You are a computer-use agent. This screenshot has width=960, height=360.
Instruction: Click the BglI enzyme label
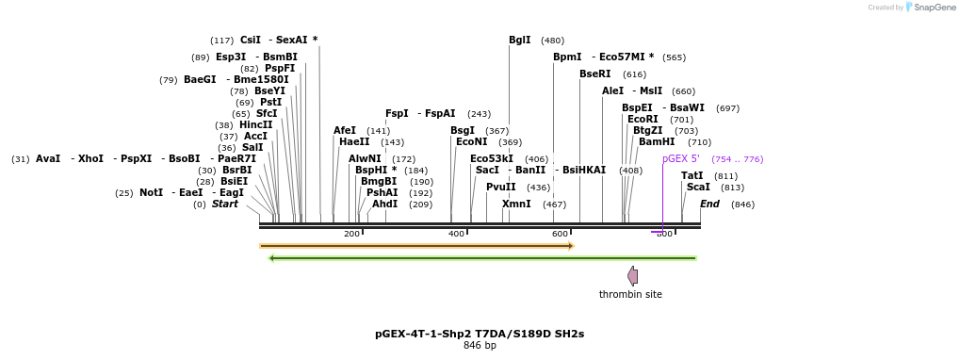pos(519,40)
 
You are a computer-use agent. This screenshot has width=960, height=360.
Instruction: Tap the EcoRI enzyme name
pos(643,119)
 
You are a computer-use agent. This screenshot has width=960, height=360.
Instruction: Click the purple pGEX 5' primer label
pos(680,158)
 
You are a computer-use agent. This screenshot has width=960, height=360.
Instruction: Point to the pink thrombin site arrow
pos(632,276)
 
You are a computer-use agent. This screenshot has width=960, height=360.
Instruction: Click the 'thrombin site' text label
pos(630,294)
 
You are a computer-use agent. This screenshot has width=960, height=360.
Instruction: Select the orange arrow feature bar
pos(416,246)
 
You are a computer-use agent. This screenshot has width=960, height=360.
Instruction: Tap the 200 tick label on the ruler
pos(351,234)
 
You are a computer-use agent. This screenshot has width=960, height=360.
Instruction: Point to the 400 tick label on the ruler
pos(456,234)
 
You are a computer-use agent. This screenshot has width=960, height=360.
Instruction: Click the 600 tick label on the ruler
pos(560,234)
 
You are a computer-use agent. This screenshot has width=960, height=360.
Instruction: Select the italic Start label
pos(224,204)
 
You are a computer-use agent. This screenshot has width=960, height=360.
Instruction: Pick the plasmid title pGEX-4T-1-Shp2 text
pos(480,333)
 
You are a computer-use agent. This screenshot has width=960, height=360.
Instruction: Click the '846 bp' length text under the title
pos(480,345)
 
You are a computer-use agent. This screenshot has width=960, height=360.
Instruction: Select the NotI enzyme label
pos(151,192)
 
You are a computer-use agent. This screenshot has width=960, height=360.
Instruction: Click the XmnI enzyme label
pos(516,204)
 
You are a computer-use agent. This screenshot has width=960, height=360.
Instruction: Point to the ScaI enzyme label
pos(698,187)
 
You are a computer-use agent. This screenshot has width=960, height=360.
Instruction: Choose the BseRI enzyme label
pos(594,74)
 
